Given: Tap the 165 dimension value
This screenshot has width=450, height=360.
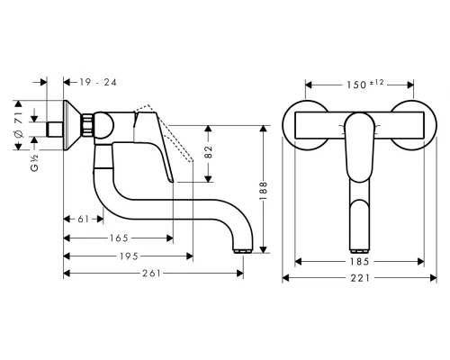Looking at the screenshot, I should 118,238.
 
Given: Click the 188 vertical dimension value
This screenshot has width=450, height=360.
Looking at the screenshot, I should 264,181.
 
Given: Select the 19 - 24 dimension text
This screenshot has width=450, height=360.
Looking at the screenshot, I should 95,81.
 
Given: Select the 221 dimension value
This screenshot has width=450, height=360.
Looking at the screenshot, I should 358,280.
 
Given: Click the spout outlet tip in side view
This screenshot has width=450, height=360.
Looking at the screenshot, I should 239,247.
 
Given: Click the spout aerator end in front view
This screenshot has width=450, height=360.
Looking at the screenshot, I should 358,247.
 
